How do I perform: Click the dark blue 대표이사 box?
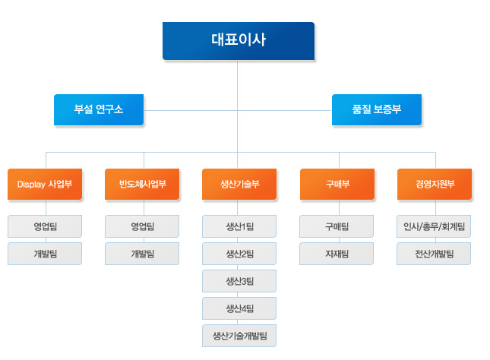[239, 41]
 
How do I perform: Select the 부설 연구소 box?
[99, 109]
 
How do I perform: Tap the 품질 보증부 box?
[377, 109]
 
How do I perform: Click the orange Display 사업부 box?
[45, 184]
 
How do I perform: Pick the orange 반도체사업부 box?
[142, 184]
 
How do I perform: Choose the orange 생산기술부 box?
[239, 184]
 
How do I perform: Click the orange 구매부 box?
[337, 184]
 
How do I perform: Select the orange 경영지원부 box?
[435, 184]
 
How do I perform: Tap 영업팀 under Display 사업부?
[45, 226]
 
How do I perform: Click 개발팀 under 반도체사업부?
[142, 254]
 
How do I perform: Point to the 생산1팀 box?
[239, 226]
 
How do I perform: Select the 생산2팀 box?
[239, 254]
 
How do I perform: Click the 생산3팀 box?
[239, 281]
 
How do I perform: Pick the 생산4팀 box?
[239, 308]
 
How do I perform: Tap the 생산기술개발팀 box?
[239, 336]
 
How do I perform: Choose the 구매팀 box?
[337, 226]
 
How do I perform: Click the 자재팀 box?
[337, 254]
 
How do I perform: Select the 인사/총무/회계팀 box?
[434, 226]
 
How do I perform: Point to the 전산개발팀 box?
[434, 254]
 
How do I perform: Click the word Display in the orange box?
[31, 185]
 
